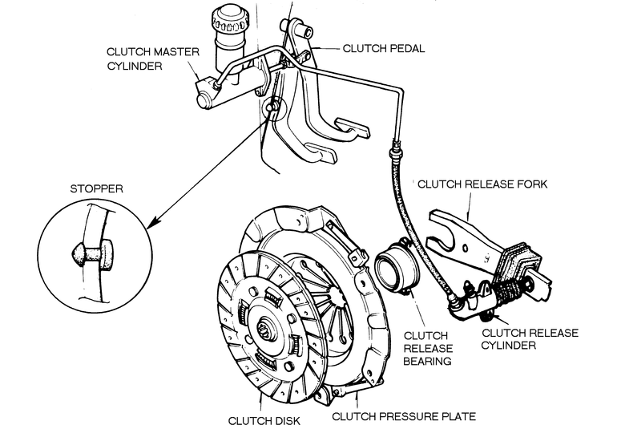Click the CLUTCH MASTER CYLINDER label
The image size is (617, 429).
coord(153,59)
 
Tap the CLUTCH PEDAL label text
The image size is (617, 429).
coord(384,48)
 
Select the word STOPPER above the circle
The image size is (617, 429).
coord(96,188)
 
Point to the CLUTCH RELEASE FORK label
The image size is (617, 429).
coord(482,184)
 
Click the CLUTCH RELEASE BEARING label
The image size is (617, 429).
coord(428,348)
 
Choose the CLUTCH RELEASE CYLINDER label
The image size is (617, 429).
coord(530,338)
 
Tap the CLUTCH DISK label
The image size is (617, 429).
coord(264,421)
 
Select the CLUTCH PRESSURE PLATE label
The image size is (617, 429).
coord(404,416)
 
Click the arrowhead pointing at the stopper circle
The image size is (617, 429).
coord(152,223)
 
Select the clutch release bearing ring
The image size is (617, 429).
coord(397,266)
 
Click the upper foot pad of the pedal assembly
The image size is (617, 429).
coord(352,127)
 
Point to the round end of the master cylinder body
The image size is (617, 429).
coord(205,99)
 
